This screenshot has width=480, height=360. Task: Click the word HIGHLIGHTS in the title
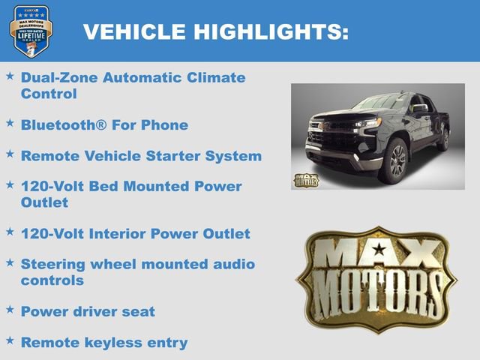[x=271, y=31]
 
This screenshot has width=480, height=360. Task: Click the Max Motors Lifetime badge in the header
[x=31, y=31]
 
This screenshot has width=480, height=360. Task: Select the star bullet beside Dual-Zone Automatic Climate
[x=10, y=76]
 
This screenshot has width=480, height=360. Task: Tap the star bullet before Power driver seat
[x=10, y=310]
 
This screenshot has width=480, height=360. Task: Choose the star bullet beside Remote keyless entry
[x=10, y=341]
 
